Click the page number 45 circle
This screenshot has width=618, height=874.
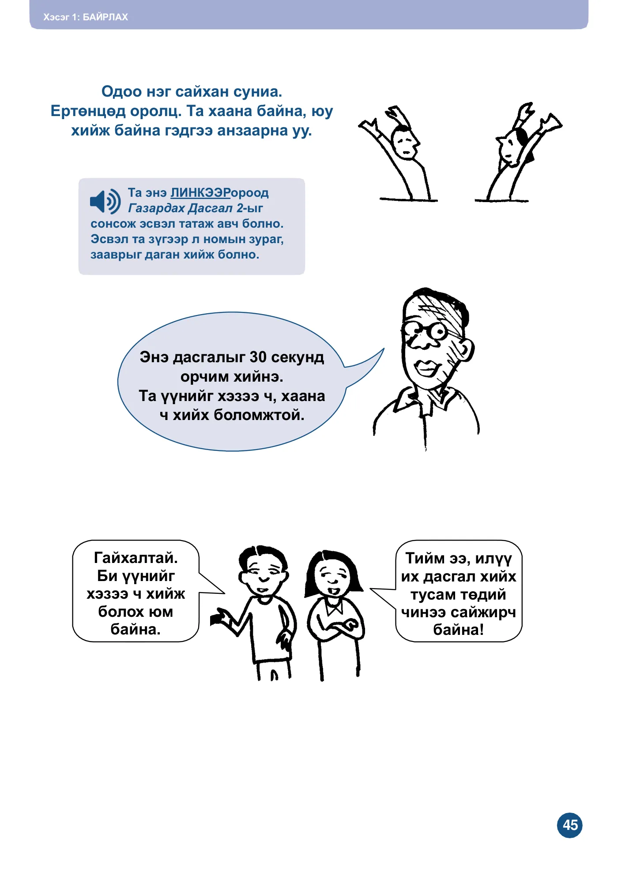point(569,825)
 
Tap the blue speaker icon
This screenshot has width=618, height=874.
point(105,202)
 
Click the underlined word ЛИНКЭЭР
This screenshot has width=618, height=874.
point(200,193)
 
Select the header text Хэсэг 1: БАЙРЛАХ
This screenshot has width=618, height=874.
point(86,17)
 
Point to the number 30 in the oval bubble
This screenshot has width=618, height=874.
point(258,357)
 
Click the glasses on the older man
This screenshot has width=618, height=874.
point(426,330)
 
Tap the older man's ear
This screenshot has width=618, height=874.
point(466,349)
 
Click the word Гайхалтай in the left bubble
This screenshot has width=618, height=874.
point(136,558)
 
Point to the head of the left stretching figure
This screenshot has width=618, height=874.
point(405,143)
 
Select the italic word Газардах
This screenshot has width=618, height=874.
point(157,208)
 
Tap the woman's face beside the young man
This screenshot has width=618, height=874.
point(333,576)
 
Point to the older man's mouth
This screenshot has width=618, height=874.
point(426,368)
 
